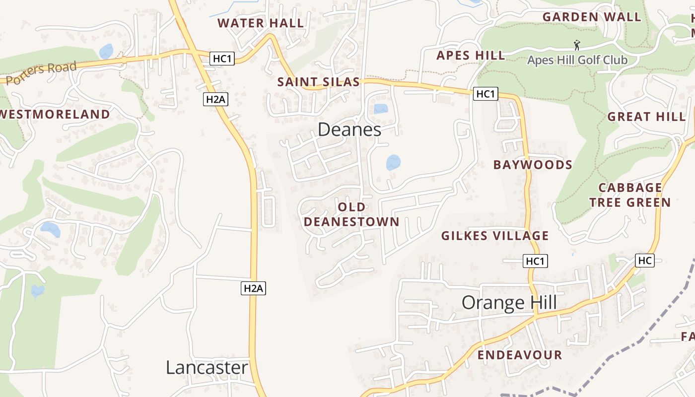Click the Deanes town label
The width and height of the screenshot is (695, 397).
click(x=349, y=130)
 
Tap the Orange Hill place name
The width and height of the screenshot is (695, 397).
click(x=509, y=302)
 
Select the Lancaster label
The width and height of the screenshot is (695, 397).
click(x=207, y=368)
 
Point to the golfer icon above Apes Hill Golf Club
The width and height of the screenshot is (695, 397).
click(x=577, y=46)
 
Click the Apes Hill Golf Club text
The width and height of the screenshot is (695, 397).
click(x=577, y=60)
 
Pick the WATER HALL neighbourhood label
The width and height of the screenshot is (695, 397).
click(x=261, y=23)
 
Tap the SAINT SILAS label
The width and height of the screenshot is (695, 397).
click(x=318, y=82)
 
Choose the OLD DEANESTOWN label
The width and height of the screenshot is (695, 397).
click(x=351, y=214)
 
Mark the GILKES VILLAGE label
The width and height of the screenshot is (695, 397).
click(x=495, y=236)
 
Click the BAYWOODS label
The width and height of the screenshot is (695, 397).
click(x=533, y=165)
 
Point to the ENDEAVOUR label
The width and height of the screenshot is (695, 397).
click(x=520, y=355)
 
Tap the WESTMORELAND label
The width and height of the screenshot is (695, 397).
click(x=55, y=114)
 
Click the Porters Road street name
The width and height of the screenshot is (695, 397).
click(x=42, y=73)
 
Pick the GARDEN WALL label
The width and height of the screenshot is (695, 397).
click(x=592, y=17)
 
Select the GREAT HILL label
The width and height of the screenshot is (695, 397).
click(x=646, y=117)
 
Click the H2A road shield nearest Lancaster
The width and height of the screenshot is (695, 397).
click(x=253, y=288)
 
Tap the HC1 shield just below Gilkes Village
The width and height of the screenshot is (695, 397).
click(x=535, y=261)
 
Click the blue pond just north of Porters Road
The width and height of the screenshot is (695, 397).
click(x=106, y=51)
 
